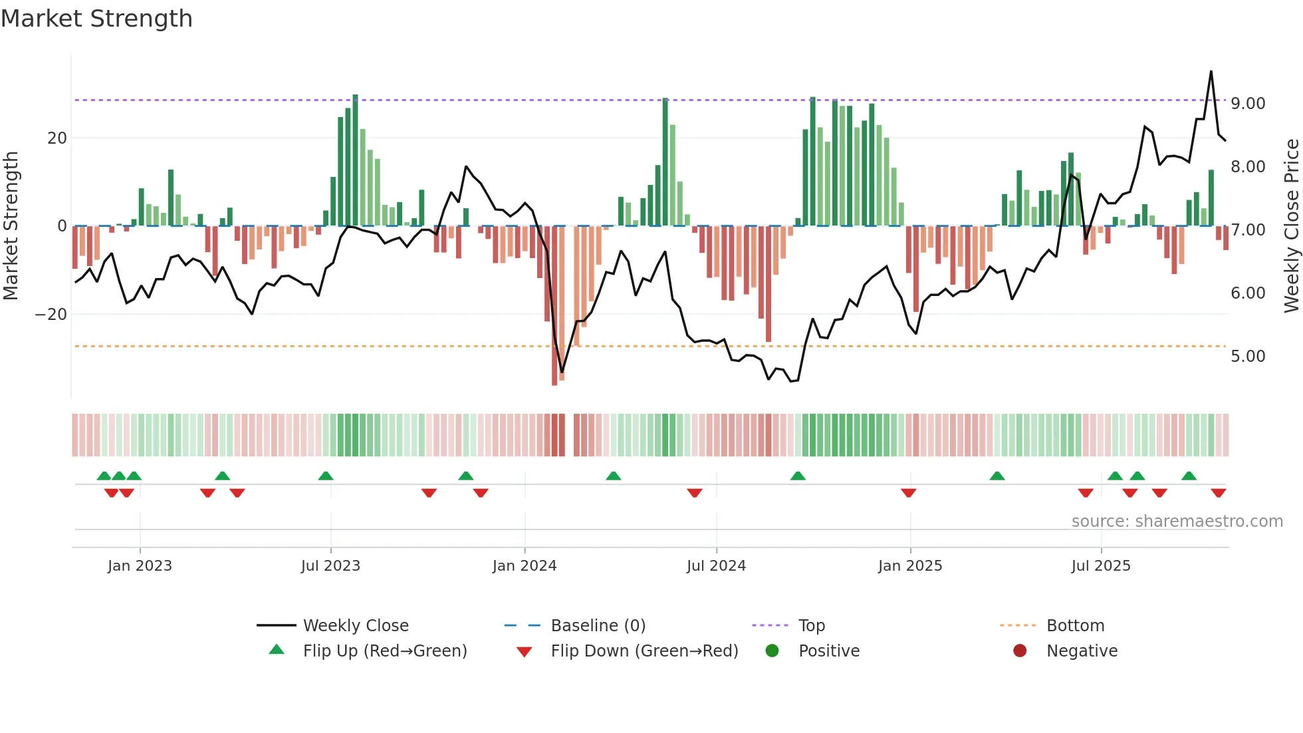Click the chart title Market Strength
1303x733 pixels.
96,19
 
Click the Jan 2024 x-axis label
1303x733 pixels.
525,566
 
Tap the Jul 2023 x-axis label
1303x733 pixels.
330,566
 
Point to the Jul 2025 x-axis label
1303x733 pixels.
1101,566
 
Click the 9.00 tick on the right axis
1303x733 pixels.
1248,104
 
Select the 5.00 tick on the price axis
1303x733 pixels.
1248,357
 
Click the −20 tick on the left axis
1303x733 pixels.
51,315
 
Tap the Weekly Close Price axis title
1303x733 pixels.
1291,226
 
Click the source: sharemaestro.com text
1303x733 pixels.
1177,521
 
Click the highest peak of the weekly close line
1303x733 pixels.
1211,72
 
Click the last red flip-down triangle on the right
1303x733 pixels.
1219,493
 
